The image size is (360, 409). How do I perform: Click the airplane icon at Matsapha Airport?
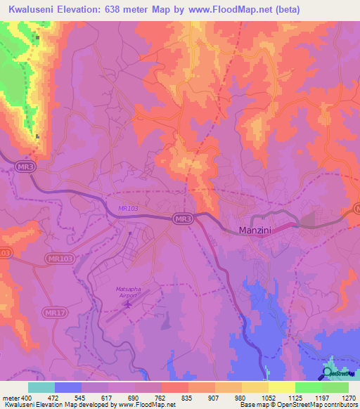tap(127, 306)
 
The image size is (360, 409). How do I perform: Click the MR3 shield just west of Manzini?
tap(183, 219)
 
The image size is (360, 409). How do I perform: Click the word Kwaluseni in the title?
tap(32, 9)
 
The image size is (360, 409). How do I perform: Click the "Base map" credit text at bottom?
tap(252, 405)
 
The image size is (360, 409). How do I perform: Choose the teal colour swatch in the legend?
tap(41, 387)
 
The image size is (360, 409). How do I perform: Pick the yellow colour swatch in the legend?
tap(281, 387)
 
